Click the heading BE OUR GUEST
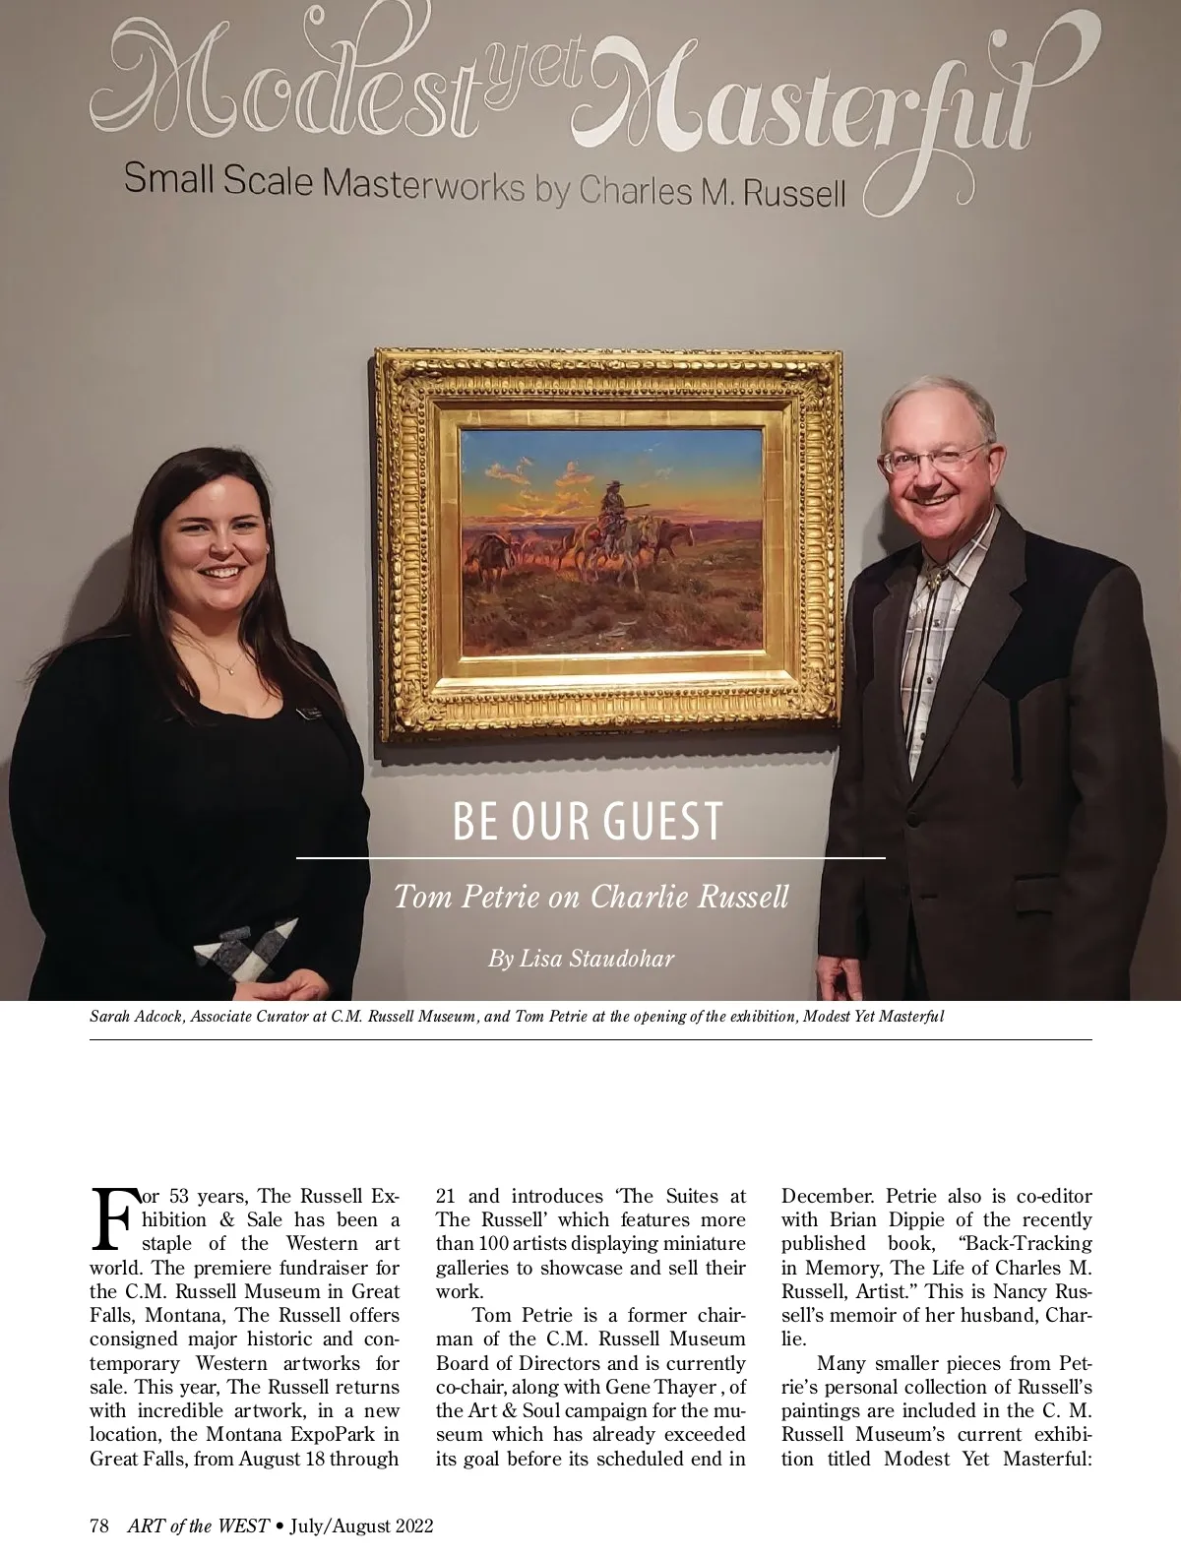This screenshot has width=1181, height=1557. pyautogui.click(x=588, y=823)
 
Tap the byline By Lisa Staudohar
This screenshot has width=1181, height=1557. pyautogui.click(x=581, y=958)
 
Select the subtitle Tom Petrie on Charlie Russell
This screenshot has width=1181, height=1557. pyautogui.click(x=590, y=898)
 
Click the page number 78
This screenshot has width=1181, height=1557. pyautogui.click(x=98, y=1526)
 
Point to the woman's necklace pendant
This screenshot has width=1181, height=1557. pyautogui.click(x=230, y=668)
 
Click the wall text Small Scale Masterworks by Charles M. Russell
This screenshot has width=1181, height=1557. pyautogui.click(x=484, y=185)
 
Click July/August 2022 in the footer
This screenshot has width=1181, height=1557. pyautogui.click(x=364, y=1526)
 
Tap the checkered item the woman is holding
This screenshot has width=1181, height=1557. pyautogui.click(x=245, y=951)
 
